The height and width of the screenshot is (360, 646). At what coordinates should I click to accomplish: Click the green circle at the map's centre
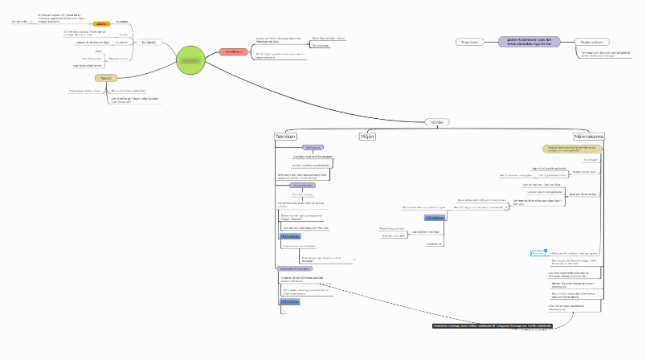pyautogui.click(x=192, y=61)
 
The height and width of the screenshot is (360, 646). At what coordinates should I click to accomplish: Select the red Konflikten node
pyautogui.click(x=234, y=51)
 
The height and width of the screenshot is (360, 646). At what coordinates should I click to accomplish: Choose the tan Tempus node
pyautogui.click(x=106, y=78)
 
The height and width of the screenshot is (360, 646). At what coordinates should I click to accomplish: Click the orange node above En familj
pyautogui.click(x=102, y=25)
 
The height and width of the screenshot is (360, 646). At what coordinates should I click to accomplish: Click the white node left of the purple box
pyautogui.click(x=468, y=42)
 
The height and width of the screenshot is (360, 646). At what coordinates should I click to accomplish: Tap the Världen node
pyautogui.click(x=439, y=122)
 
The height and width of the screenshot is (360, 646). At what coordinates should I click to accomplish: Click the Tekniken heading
pyautogui.click(x=287, y=137)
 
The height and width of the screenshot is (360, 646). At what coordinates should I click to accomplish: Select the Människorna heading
pyautogui.click(x=588, y=137)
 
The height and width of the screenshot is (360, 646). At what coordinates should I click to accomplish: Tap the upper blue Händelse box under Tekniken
pyautogui.click(x=290, y=235)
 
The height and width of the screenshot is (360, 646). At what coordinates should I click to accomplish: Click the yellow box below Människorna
pyautogui.click(x=574, y=149)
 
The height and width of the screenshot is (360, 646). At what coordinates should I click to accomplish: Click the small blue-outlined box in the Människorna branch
pyautogui.click(x=538, y=253)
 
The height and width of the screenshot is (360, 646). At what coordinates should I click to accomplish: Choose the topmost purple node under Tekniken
pyautogui.click(x=312, y=148)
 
